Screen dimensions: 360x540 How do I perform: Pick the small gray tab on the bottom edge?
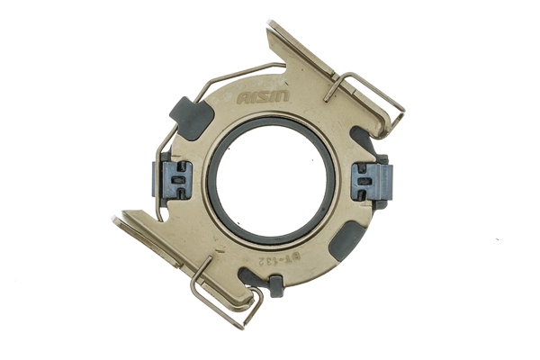[275, 286]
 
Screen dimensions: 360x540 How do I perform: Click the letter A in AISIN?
[242, 98]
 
